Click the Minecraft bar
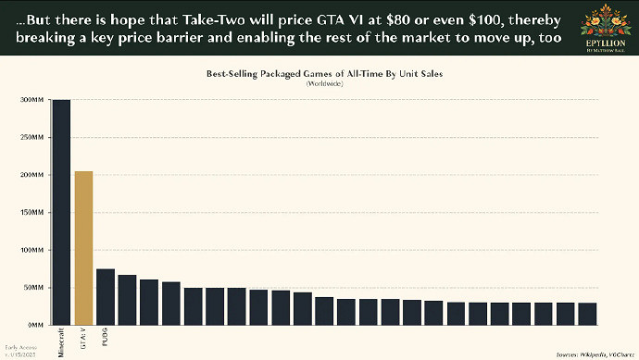pos(62,213)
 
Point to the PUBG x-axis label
pos(106,337)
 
